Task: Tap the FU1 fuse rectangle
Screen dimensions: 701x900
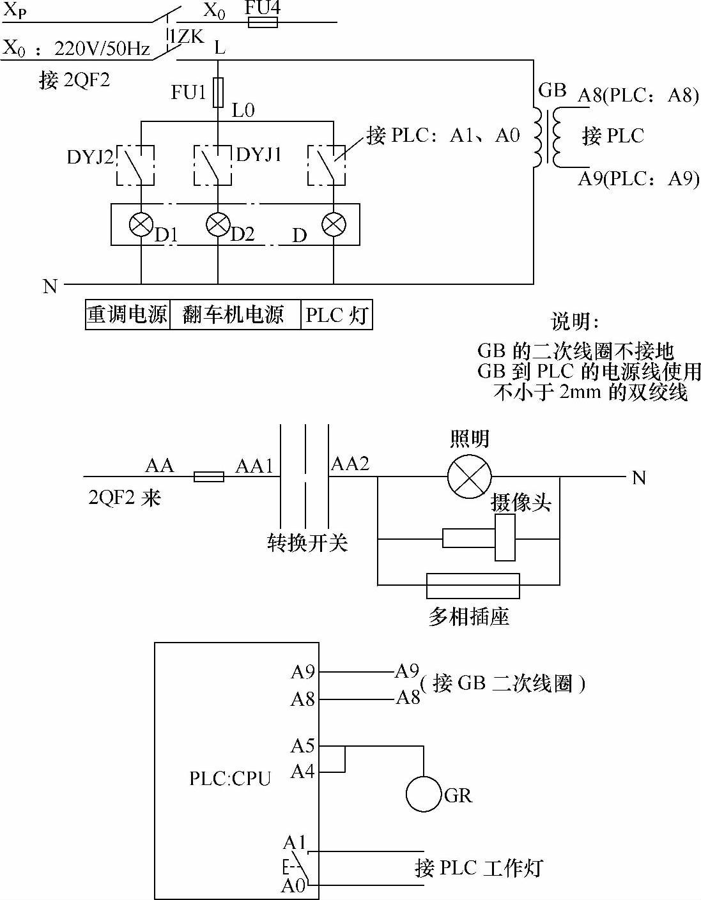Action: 218,92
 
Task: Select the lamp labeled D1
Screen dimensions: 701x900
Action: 141,225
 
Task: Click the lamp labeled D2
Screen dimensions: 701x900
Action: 218,224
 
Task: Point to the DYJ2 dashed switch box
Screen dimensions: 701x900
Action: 135,165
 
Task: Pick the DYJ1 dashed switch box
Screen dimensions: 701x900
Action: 213,165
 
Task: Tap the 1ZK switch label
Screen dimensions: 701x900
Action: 187,38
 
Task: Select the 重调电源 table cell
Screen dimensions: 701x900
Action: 128,315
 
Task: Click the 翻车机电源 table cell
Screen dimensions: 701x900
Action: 235,315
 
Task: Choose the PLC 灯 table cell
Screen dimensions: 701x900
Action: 336,315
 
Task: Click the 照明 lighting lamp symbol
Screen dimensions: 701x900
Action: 470,477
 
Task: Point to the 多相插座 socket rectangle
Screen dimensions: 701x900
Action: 473,586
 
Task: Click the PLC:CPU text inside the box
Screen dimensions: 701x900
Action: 230,779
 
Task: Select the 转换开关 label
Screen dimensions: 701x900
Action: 307,542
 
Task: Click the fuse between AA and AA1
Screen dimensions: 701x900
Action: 209,477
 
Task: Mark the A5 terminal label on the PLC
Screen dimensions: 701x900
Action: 303,745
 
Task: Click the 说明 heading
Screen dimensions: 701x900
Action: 574,321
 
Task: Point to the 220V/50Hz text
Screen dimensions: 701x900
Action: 102,49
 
